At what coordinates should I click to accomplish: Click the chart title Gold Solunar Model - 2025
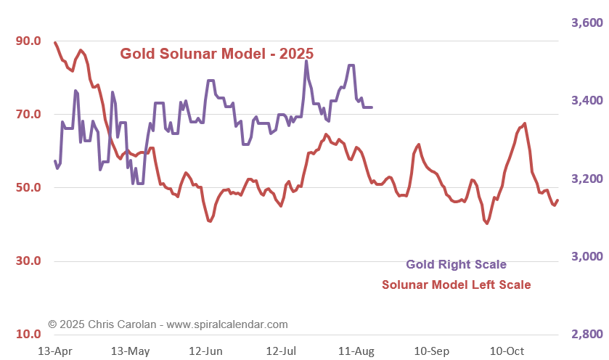[x=216, y=54]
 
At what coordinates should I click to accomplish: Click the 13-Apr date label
[x=54, y=351]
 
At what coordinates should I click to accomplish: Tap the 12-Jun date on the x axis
[x=205, y=351]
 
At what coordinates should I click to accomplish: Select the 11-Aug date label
[x=356, y=351]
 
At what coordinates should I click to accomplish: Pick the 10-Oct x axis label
[x=507, y=351]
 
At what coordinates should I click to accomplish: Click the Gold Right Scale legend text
[x=456, y=264]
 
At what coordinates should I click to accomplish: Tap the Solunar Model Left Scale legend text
[x=456, y=285]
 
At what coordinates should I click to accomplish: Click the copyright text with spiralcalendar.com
[x=168, y=324]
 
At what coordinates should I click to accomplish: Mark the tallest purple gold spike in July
[x=306, y=62]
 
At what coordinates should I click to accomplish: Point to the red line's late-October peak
[x=524, y=124]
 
